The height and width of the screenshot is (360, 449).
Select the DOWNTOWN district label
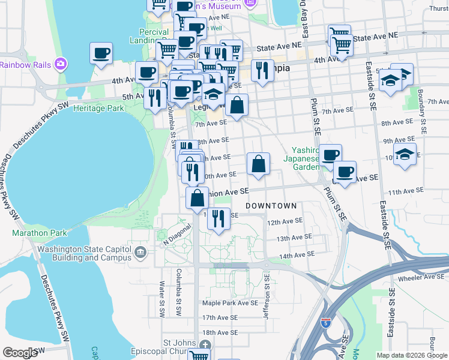coord(271,206)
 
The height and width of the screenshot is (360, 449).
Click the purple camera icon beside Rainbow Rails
coord(60,64)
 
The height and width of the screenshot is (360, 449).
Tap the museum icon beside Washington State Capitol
coord(140,253)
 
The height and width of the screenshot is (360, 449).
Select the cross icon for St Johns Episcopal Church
coord(205,344)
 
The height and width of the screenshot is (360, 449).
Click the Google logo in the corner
coord(20,353)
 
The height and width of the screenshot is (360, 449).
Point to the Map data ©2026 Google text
coord(411,355)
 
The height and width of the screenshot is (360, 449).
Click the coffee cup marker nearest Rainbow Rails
coord(101,53)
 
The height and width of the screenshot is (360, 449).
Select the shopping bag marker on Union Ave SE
coord(197,197)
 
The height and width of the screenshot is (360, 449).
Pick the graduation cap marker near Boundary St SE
coord(405,154)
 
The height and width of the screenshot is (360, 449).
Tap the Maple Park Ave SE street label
coord(229,303)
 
